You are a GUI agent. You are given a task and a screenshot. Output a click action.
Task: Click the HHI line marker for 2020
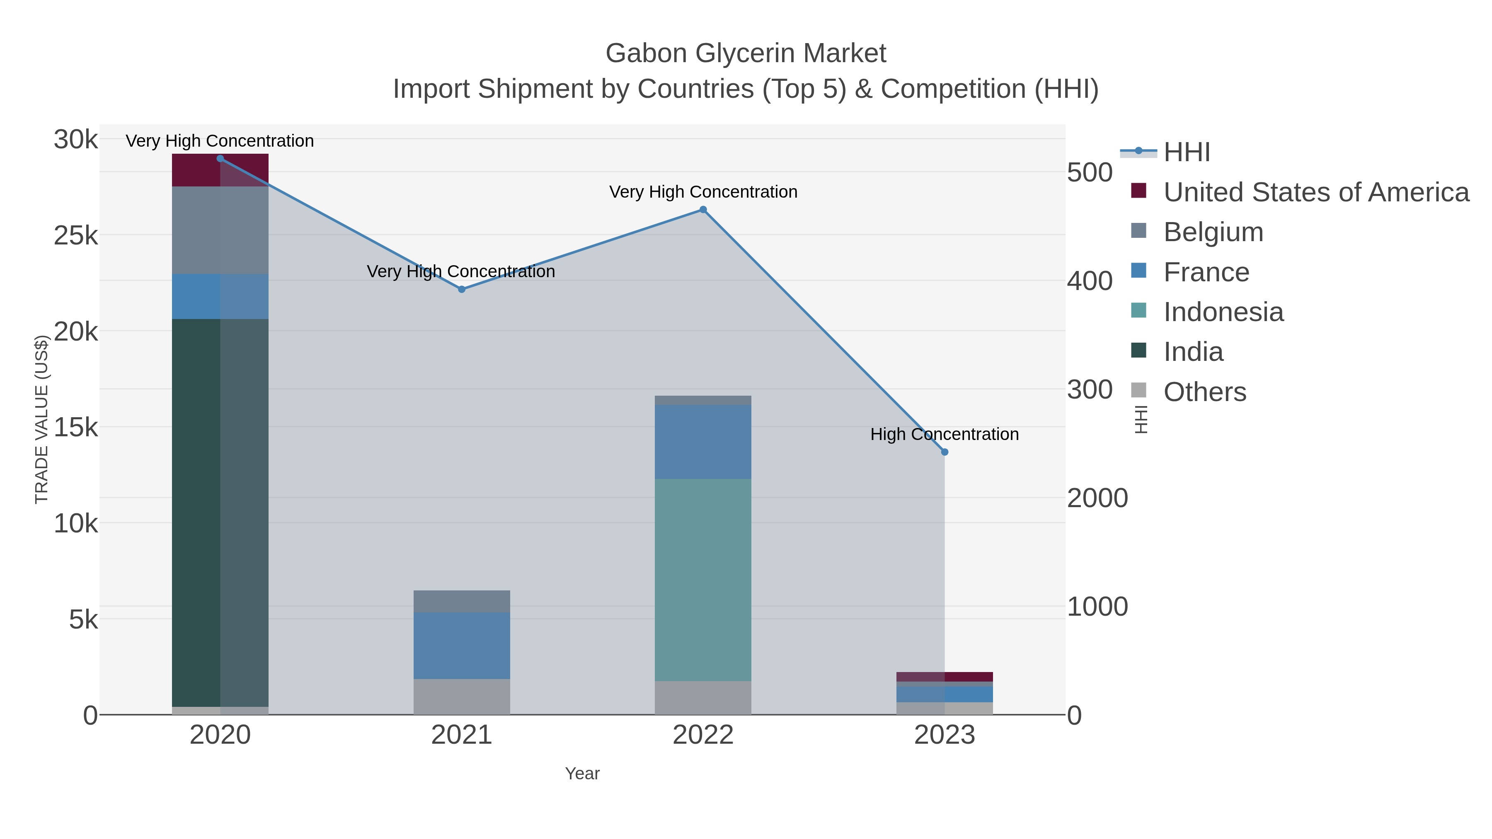coord(220,159)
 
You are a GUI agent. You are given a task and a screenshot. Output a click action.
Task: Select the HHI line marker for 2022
coord(703,210)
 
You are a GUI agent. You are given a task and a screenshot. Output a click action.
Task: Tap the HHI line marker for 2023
coord(945,452)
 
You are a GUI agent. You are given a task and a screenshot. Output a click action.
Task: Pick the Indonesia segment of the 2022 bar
coord(703,580)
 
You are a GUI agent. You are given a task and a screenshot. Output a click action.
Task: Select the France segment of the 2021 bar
coord(462,646)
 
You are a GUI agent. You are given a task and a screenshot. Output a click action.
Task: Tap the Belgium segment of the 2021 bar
coord(462,602)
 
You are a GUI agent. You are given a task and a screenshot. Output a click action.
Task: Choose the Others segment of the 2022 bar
coord(703,698)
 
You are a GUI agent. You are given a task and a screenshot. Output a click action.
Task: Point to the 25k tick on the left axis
coord(76,236)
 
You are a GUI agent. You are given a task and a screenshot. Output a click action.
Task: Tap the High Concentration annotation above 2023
coord(944,434)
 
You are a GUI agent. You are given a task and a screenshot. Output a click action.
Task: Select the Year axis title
coord(582,774)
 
